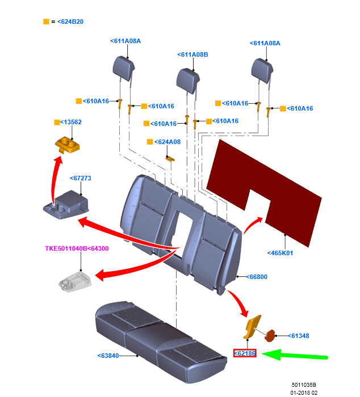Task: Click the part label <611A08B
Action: (x=193, y=55)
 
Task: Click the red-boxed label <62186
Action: (x=245, y=353)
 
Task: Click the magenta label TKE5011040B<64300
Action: (x=77, y=248)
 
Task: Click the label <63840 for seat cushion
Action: (x=108, y=356)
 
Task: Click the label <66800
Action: (x=257, y=277)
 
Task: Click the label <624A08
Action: (x=167, y=142)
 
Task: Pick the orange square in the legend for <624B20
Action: (x=46, y=22)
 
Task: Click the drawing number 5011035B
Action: (x=304, y=384)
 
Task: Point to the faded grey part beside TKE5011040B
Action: (x=74, y=282)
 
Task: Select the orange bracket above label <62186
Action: (x=252, y=327)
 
